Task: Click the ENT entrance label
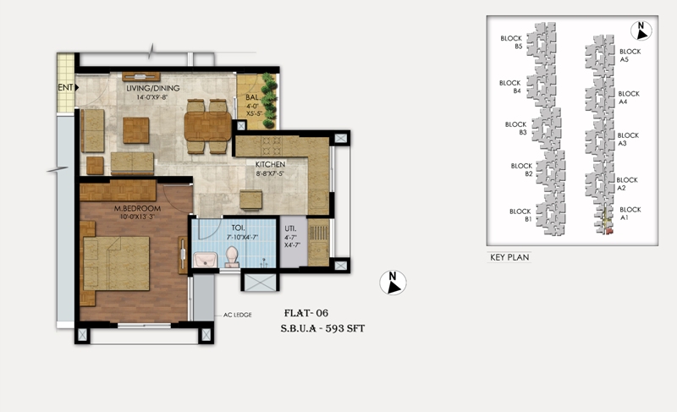click(65, 87)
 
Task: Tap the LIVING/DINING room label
click(153, 88)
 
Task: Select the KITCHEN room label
click(270, 164)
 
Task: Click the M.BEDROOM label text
click(137, 208)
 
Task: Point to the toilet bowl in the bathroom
click(232, 256)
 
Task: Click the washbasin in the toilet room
click(205, 259)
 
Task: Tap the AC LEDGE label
click(238, 315)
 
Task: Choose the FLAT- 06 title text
click(306, 313)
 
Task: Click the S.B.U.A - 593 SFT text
click(322, 328)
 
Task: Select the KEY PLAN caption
click(509, 257)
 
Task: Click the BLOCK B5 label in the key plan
click(512, 42)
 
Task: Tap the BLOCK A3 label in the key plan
click(628, 139)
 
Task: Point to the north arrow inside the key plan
click(641, 30)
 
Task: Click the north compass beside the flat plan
click(393, 283)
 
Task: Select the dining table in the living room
click(208, 126)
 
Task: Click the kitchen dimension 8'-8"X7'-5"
click(270, 173)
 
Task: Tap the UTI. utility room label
click(290, 228)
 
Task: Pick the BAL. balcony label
click(252, 97)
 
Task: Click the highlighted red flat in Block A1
click(609, 231)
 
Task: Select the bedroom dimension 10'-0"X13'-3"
click(137, 217)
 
